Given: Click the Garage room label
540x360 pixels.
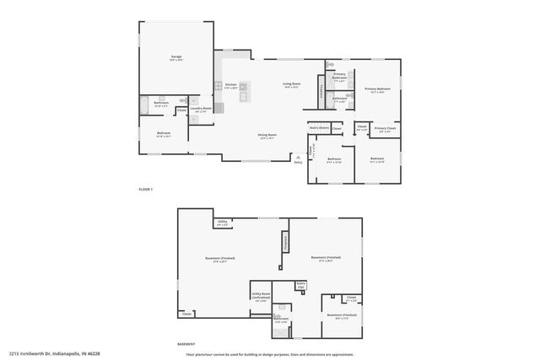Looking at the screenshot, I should click(177, 56).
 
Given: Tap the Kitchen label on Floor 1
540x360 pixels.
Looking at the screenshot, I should click(230, 85).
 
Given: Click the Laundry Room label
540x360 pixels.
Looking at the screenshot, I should click(200, 108).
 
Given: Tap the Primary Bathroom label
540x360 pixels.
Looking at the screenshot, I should click(339, 76).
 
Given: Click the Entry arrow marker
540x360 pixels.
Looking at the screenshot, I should click(298, 157).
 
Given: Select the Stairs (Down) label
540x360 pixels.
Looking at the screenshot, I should click(318, 127).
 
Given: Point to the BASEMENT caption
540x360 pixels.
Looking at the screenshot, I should click(186, 344).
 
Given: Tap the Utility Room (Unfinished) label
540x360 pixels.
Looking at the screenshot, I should click(261, 296).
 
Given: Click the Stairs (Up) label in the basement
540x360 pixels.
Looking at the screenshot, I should click(300, 285).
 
